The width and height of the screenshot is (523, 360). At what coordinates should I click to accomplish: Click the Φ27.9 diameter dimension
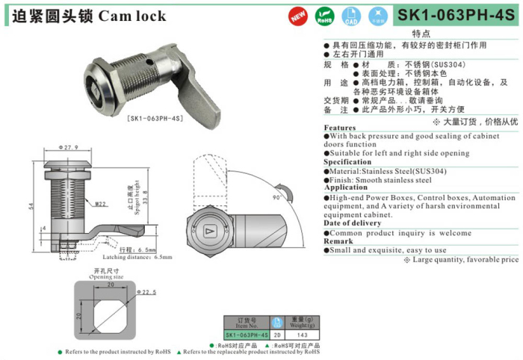(x=67, y=149)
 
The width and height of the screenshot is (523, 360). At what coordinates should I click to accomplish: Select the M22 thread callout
(x=101, y=202)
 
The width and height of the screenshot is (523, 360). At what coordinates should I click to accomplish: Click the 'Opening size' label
(x=108, y=276)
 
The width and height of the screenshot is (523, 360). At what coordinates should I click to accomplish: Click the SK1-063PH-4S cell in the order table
(x=247, y=335)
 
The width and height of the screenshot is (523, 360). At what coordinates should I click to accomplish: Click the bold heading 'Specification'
(x=347, y=162)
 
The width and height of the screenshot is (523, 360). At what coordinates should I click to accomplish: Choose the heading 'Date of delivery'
(x=352, y=223)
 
